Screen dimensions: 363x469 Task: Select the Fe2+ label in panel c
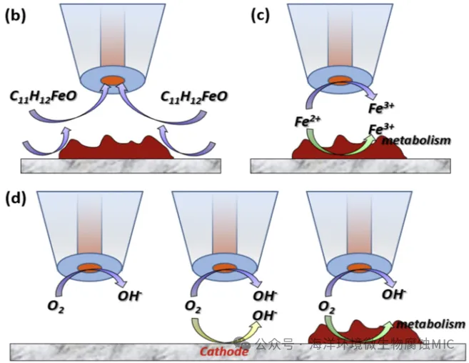coord(305,121)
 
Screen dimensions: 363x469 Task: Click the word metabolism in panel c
coord(416,140)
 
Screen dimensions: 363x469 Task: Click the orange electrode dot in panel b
coord(112,79)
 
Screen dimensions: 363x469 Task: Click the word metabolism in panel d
coord(425,323)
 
